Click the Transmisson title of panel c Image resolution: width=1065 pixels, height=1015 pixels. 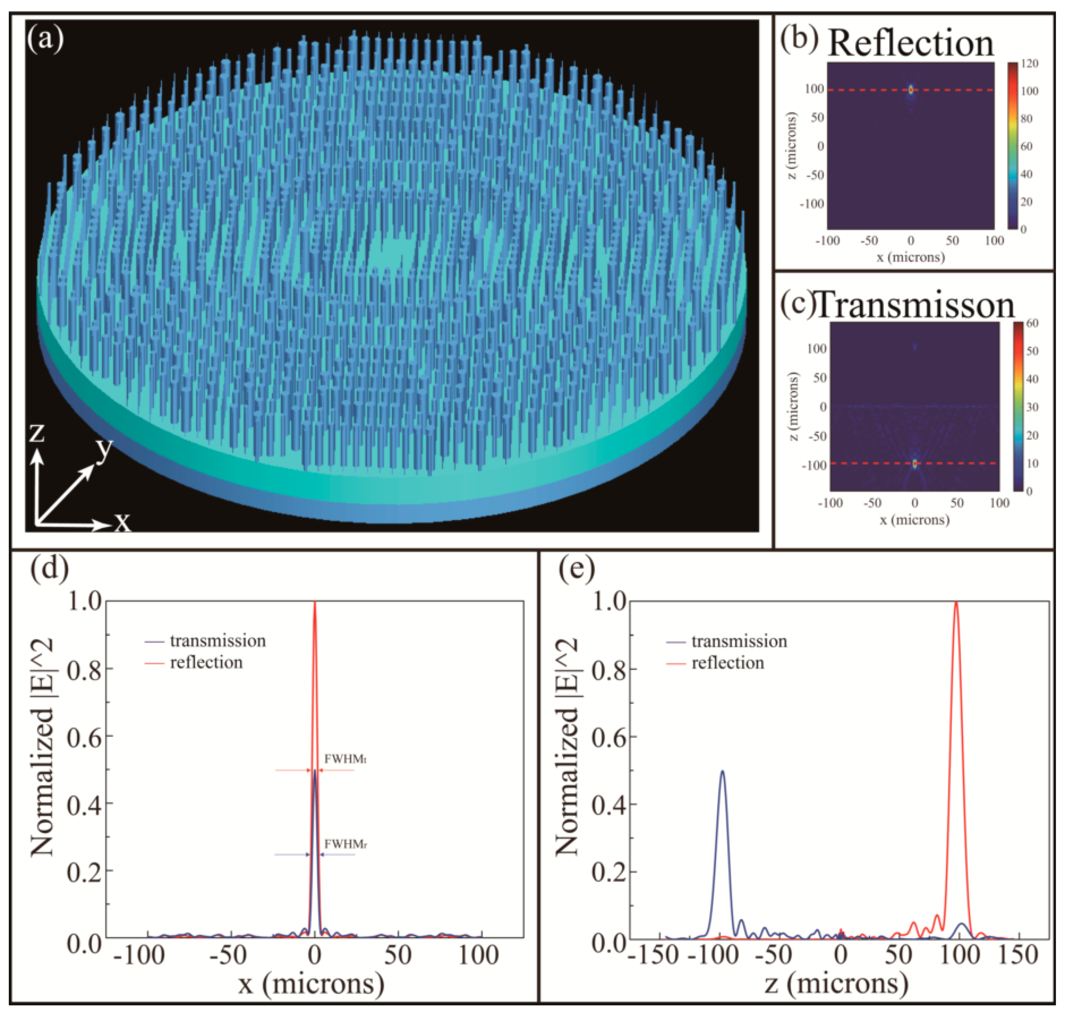pos(914,306)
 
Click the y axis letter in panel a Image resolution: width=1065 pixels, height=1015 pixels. pos(104,448)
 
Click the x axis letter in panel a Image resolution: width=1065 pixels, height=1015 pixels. pos(122,522)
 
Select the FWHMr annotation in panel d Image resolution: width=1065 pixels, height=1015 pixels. pos(345,844)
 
